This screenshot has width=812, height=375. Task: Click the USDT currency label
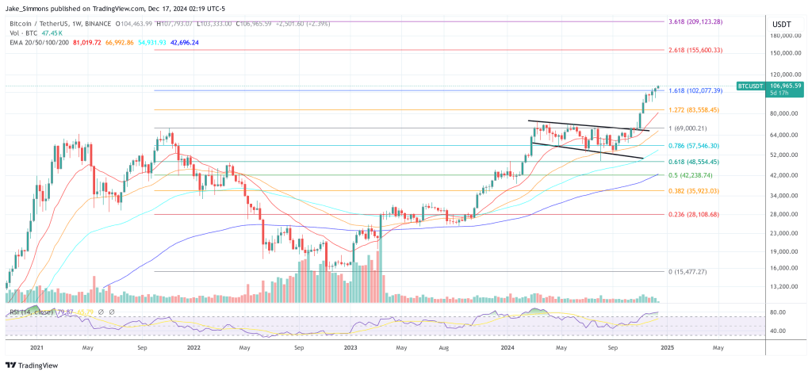click(782, 24)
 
